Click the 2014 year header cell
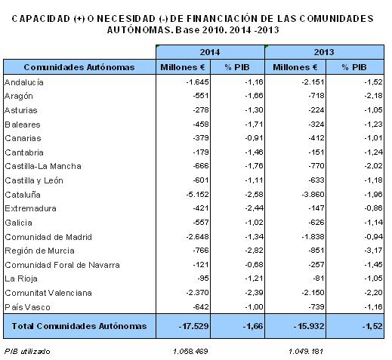pos(210,52)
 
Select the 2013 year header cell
pos(324,52)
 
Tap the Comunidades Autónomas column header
pos(79,67)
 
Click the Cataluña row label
pos(23,195)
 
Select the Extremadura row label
pos(30,208)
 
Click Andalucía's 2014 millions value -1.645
pos(197,82)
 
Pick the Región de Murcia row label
pos(39,251)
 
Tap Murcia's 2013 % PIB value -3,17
pos(373,251)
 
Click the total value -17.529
pos(193,326)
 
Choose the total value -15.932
pos(309,326)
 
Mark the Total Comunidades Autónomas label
pos(79,326)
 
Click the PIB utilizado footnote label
pos(27,351)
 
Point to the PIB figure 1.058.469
pos(190,351)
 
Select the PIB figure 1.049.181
pos(306,351)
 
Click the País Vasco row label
pos(27,307)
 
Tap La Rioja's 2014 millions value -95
pos(203,278)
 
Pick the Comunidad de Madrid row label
pos(48,237)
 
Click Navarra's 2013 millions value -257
pos(316,264)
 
